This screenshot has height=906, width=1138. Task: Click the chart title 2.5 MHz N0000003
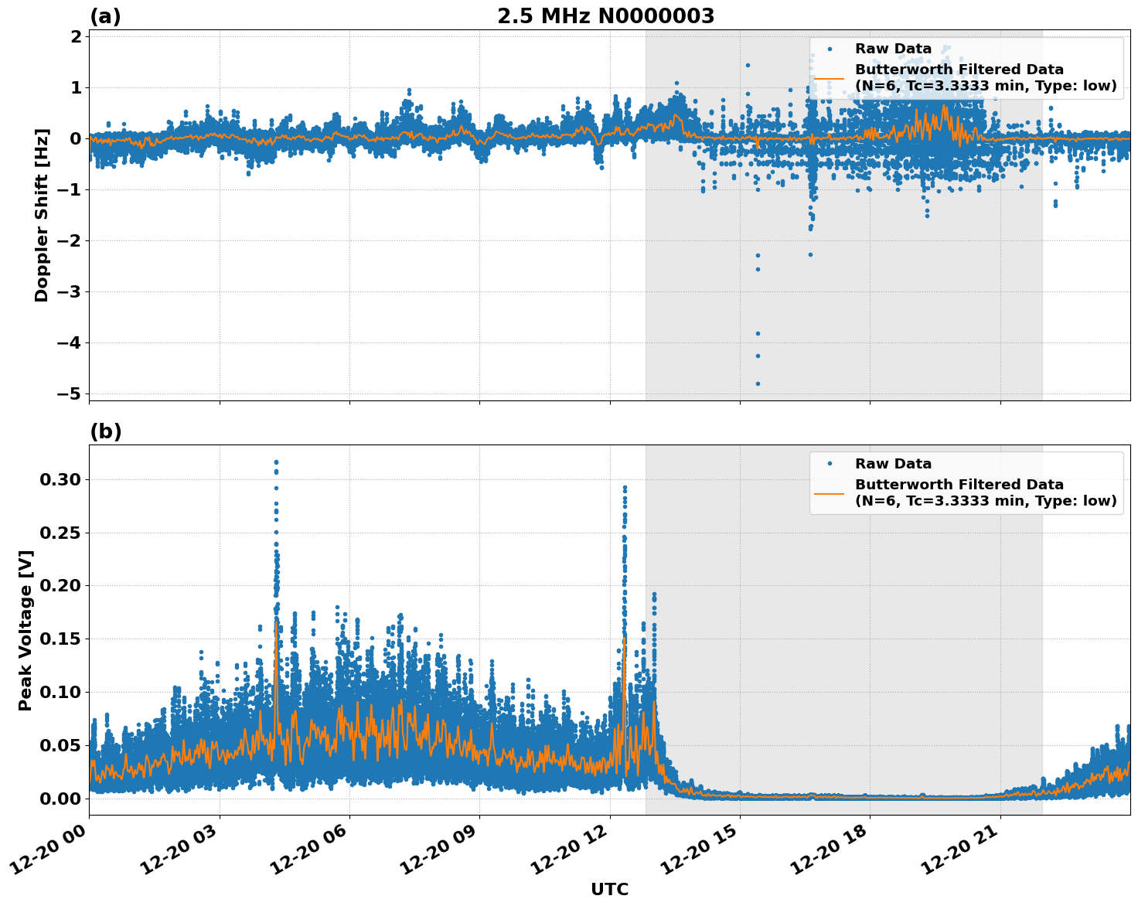point(605,16)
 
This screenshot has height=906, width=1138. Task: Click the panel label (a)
point(105,16)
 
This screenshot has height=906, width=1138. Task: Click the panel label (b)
point(105,431)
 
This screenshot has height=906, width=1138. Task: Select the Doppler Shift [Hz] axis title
point(42,215)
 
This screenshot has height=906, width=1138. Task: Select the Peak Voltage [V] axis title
point(26,630)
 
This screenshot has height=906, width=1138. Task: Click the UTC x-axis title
point(609,889)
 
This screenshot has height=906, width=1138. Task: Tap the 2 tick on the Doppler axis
point(75,36)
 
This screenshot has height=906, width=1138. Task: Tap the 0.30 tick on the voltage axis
point(60,479)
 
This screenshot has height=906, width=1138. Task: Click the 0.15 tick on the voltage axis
point(60,639)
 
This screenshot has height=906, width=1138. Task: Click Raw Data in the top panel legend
point(893,49)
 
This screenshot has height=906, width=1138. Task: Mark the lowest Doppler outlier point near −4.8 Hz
point(758,383)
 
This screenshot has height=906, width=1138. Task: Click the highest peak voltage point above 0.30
point(276,462)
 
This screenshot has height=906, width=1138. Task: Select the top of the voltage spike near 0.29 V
point(625,488)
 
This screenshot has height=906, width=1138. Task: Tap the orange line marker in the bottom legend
point(830,492)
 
